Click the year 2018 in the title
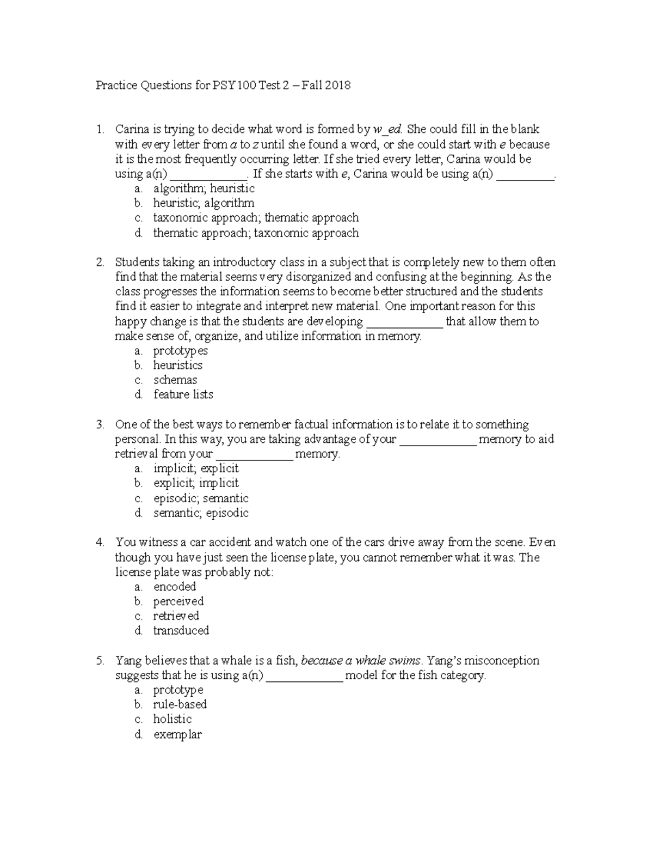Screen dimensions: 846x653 coord(338,86)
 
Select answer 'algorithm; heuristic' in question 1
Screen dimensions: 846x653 coord(204,188)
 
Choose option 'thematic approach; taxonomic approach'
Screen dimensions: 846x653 coord(256,233)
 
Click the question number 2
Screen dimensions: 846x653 coord(100,263)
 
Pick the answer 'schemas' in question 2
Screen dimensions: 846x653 coord(175,380)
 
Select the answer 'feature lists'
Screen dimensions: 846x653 coord(183,395)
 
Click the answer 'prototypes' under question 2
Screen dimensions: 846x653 coord(180,351)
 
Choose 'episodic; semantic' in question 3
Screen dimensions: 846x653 coord(201,498)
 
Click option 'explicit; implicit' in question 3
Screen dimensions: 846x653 coord(196,483)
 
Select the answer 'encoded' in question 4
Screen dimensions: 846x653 coord(175,587)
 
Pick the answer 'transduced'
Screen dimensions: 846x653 coord(181,631)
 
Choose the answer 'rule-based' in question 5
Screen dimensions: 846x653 coord(180,705)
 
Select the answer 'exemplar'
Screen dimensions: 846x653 coord(177,735)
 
